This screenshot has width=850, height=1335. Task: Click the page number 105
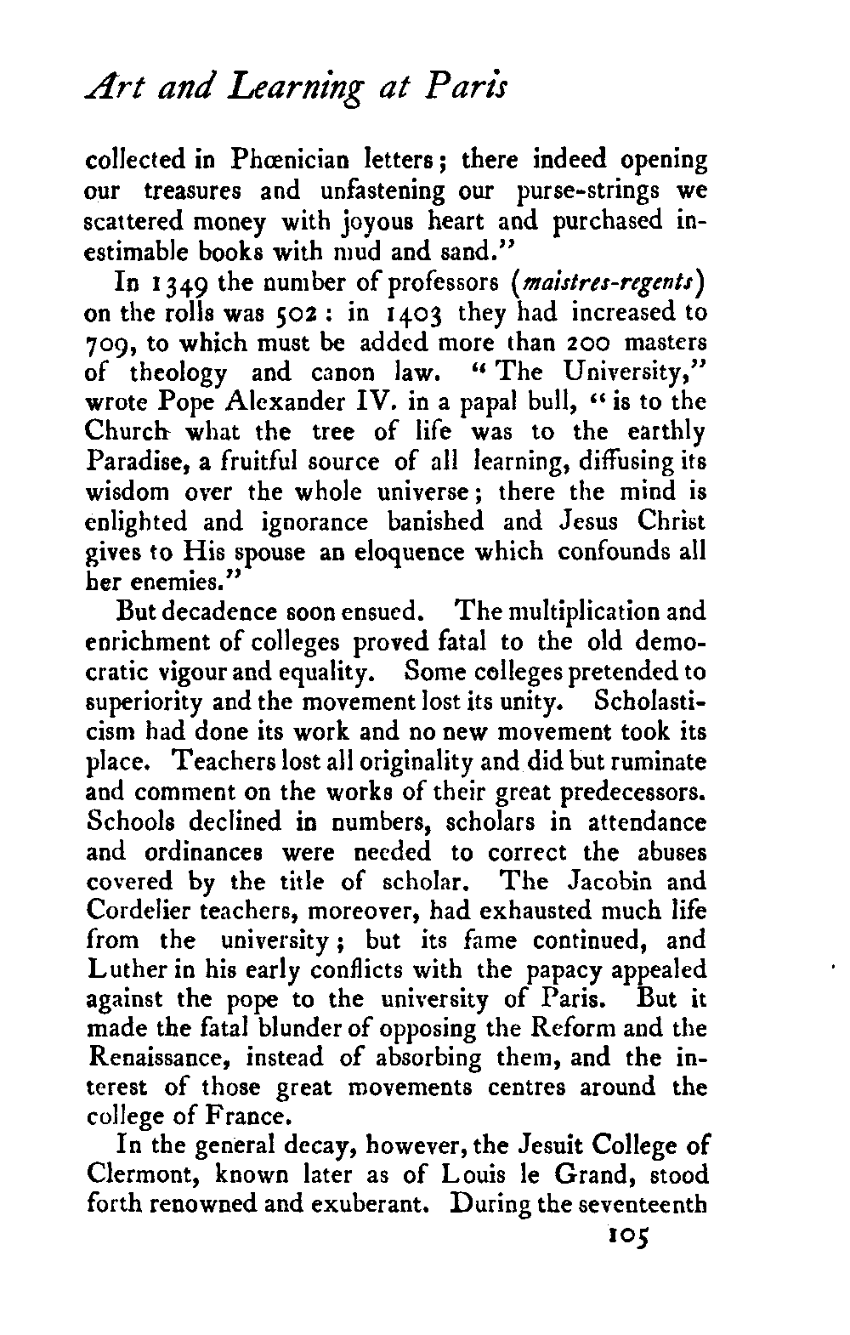coord(624,1234)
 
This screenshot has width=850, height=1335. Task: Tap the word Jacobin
coord(611,881)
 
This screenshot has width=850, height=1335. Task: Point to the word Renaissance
coord(162,1059)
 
